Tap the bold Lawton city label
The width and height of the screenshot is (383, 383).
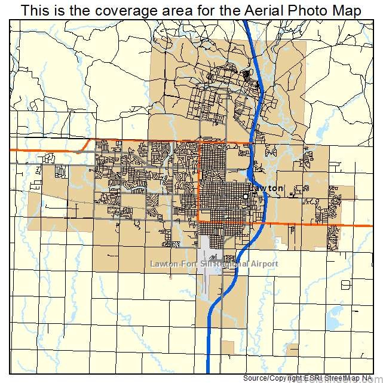coord(266,188)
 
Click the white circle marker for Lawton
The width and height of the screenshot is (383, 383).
coord(245,195)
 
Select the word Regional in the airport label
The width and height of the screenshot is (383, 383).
coord(235,263)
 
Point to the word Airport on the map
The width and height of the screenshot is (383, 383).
coord(265,263)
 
